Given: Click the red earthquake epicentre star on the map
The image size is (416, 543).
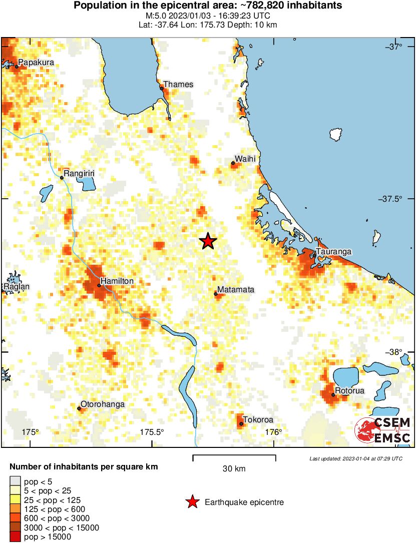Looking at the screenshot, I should [x=208, y=242].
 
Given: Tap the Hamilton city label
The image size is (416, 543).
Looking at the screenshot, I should [x=117, y=281].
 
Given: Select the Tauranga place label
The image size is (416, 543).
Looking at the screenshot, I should [x=334, y=251].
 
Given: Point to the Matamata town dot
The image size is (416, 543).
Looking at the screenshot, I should [x=216, y=294].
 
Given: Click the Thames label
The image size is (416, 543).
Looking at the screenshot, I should [x=178, y=84].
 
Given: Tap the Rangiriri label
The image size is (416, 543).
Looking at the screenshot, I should [x=80, y=173].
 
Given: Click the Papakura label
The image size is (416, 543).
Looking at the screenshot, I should [x=35, y=63].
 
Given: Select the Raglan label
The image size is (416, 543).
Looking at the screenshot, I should [x=17, y=287].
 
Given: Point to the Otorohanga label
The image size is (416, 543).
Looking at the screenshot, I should [x=103, y=404].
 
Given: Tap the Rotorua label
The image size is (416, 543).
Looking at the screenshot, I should [x=350, y=390].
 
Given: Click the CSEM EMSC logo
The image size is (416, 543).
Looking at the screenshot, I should [x=383, y=430].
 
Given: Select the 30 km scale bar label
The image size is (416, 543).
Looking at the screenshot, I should [x=234, y=469].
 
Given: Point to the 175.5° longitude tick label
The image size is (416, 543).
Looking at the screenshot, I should [x=152, y=432].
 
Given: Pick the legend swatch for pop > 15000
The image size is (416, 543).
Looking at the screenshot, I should [x=15, y=536].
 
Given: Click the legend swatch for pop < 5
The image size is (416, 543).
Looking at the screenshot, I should [x=15, y=482].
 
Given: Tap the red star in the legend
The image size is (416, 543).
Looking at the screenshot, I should [x=192, y=502].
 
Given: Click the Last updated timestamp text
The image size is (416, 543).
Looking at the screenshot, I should [x=355, y=458].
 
